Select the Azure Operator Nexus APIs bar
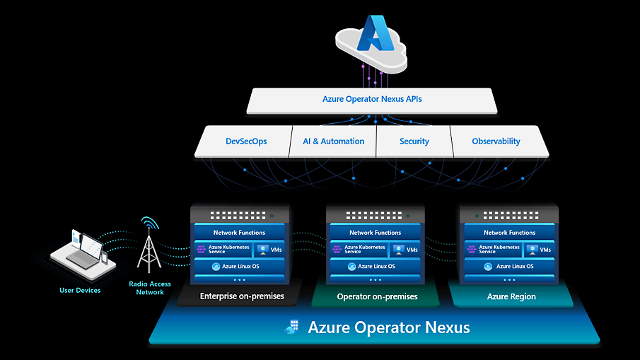(372, 100)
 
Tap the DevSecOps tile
(245, 141)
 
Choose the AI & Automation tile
(334, 141)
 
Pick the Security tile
(414, 141)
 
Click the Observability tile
(496, 141)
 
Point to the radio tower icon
(149, 248)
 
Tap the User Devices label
(80, 290)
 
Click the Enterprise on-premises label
(242, 296)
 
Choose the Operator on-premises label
(377, 296)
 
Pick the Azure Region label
(511, 296)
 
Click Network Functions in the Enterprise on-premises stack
(240, 233)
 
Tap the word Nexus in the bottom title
(444, 328)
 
